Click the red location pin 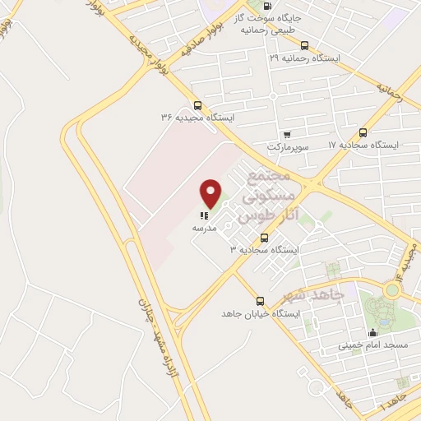click(x=211, y=192)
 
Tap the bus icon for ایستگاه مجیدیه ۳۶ click(x=197, y=105)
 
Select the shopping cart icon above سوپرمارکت click(x=286, y=134)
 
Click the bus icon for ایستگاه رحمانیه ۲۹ click(x=305, y=46)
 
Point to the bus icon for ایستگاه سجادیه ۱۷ click(x=363, y=132)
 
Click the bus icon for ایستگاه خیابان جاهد click(x=260, y=301)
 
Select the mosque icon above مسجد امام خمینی click(x=372, y=333)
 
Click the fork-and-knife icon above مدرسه click(x=204, y=215)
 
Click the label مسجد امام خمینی click(x=373, y=345)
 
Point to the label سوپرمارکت click(x=286, y=146)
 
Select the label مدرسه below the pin click(x=204, y=227)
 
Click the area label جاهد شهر click(x=309, y=294)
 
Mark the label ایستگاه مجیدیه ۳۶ click(x=197, y=118)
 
